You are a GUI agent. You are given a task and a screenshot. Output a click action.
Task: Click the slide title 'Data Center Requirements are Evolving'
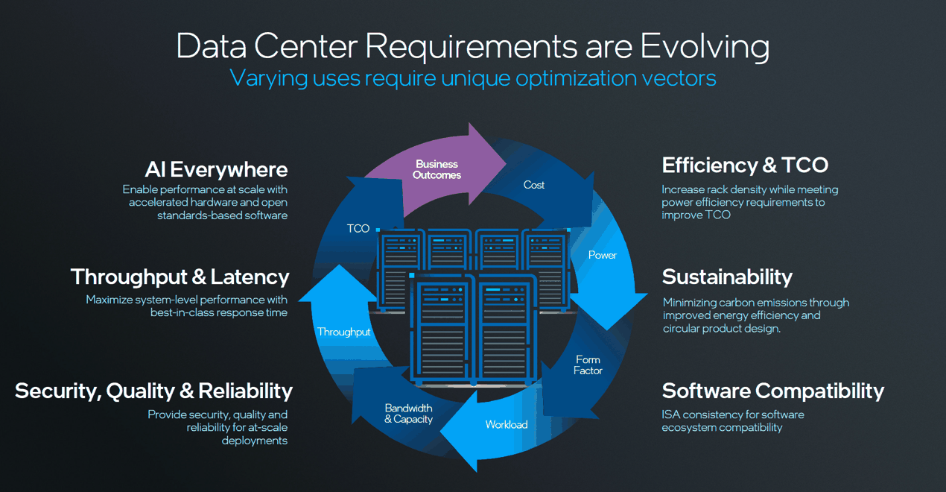click(x=472, y=46)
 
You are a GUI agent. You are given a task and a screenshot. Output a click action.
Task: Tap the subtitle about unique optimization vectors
click(x=472, y=78)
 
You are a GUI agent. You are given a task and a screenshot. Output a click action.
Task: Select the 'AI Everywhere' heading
click(x=216, y=169)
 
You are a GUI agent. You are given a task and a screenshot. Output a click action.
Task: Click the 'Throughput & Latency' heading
click(x=180, y=277)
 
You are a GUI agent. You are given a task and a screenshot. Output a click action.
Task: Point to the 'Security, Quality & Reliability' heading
click(x=153, y=391)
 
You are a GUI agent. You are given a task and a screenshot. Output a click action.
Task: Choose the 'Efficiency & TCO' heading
click(x=745, y=165)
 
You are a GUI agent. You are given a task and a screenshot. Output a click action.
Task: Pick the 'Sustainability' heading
click(x=727, y=277)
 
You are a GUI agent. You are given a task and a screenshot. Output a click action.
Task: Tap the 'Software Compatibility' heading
click(x=772, y=391)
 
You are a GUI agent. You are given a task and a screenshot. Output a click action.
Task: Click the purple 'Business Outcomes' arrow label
click(x=437, y=169)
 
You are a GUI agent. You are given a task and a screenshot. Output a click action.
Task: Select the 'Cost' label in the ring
click(x=534, y=185)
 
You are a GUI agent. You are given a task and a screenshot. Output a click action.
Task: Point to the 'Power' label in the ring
click(x=603, y=255)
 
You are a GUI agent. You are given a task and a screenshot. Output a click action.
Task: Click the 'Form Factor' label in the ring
click(x=588, y=365)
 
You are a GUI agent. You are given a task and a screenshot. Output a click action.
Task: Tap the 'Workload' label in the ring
click(x=507, y=425)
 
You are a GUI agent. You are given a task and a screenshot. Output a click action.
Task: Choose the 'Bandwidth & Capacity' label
click(x=408, y=414)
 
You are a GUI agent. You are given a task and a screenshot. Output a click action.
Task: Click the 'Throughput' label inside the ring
click(x=343, y=332)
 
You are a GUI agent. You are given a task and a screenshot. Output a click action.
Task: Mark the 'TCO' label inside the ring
click(x=358, y=228)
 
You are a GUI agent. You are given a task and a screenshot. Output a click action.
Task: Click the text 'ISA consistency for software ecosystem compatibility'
click(x=733, y=420)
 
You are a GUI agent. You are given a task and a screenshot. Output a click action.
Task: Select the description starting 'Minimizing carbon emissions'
click(x=755, y=315)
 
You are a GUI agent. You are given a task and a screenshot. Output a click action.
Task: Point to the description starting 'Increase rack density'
click(x=749, y=202)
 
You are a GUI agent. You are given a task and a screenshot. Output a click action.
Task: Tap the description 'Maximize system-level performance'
click(x=186, y=306)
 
